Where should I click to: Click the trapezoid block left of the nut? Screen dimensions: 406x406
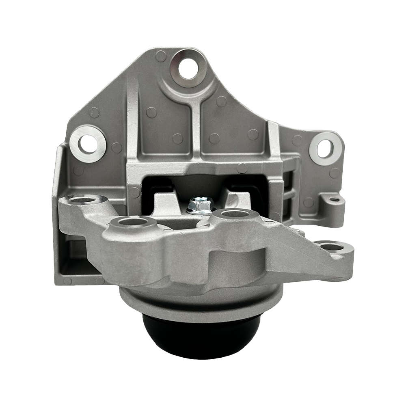(166, 201)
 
